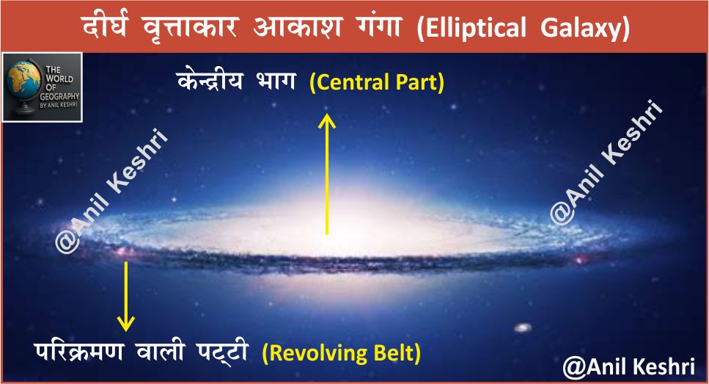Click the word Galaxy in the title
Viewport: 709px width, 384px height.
(581, 28)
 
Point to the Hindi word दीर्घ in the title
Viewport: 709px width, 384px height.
(106, 26)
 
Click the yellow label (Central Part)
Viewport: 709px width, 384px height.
(377, 83)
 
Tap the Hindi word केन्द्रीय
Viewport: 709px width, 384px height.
(210, 81)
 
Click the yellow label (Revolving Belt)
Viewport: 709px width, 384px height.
(342, 353)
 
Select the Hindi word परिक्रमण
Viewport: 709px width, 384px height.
(78, 352)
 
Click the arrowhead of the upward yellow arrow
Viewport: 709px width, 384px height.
(327, 120)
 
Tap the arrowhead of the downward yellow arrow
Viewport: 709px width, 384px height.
(125, 323)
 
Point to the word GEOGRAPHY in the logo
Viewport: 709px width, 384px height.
(59, 96)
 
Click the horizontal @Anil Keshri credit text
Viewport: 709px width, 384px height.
(629, 366)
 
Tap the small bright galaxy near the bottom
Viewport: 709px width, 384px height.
(523, 327)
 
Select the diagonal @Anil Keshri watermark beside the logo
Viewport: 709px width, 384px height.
(111, 190)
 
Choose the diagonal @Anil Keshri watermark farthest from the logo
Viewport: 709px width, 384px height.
(606, 162)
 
